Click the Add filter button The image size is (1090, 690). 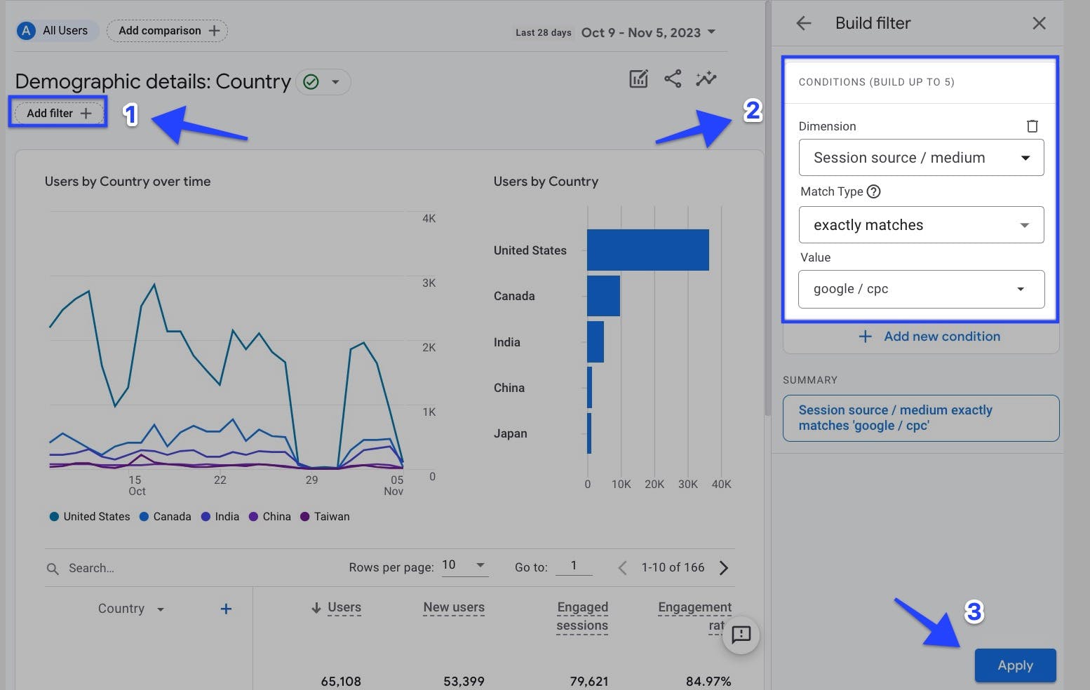pos(58,113)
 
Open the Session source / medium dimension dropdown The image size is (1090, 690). pos(920,158)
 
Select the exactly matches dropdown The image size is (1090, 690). pos(920,225)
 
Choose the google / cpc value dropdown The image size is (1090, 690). pos(920,289)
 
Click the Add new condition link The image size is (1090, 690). pos(930,337)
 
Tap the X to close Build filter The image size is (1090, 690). pos(1039,23)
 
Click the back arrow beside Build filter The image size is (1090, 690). pos(804,23)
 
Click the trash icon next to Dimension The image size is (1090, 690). pos(1032,126)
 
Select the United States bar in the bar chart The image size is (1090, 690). pos(647,250)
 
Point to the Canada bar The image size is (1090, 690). pos(603,296)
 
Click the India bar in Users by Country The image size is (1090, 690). pos(596,341)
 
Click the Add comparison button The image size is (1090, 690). pos(168,31)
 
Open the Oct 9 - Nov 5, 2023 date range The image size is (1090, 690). pos(647,33)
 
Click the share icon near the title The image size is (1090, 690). pos(673,79)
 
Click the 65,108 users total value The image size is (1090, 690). pos(341,681)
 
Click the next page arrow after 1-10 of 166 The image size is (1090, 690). pos(724,568)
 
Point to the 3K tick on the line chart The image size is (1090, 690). pos(429,283)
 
